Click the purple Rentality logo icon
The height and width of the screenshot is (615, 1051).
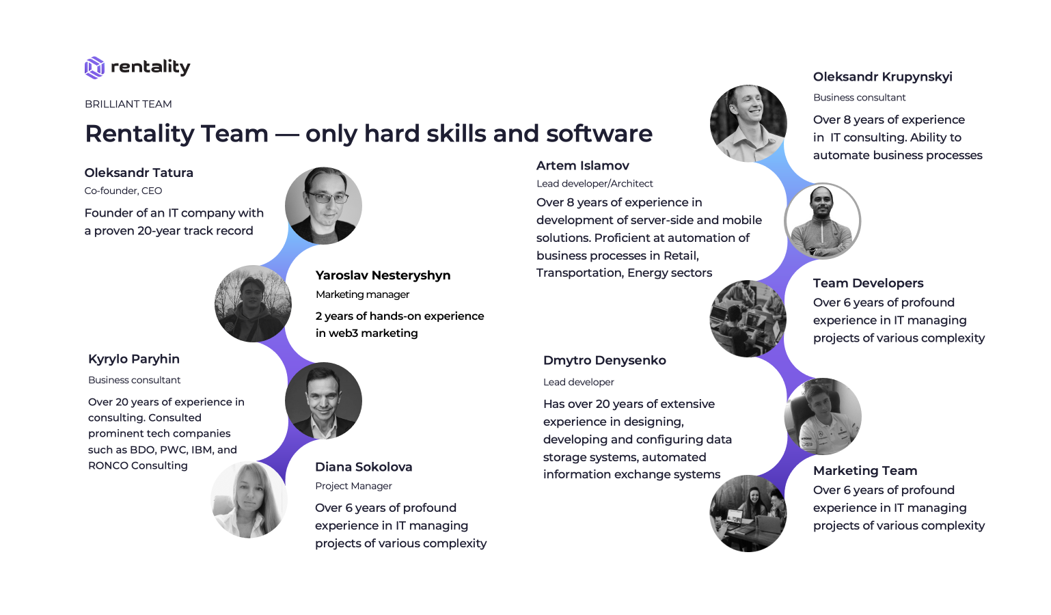point(94,68)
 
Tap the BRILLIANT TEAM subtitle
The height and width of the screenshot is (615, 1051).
point(128,104)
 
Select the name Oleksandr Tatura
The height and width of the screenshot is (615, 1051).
point(139,173)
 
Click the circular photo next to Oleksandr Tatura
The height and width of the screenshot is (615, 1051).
point(323,206)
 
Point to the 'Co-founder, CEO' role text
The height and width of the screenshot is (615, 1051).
point(123,191)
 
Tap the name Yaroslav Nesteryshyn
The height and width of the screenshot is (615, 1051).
point(383,275)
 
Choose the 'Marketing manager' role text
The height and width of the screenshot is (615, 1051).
point(363,295)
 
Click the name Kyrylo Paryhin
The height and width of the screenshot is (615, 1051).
point(134,359)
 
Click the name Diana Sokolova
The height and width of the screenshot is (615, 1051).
point(364,467)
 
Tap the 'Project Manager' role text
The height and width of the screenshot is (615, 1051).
point(353,486)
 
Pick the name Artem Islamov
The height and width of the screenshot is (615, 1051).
point(583,165)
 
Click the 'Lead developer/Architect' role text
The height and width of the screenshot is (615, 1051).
point(595,183)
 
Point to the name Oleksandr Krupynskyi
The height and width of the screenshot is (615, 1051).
point(883,77)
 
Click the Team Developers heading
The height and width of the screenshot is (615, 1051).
point(868,284)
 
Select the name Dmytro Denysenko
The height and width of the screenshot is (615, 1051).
point(605,360)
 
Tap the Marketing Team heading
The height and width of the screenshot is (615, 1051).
point(865,471)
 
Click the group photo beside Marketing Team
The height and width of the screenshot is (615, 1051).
point(748,514)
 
